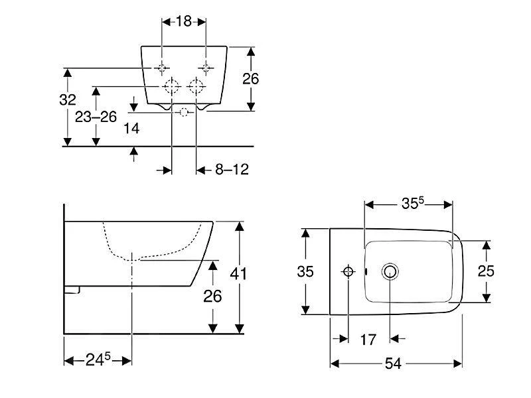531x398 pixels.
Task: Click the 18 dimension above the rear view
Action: (x=184, y=21)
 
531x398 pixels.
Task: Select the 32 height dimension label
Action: (x=68, y=100)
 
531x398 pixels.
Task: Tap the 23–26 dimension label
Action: (x=96, y=117)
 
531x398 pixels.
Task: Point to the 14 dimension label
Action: (x=132, y=129)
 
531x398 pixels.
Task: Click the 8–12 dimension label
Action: (x=231, y=170)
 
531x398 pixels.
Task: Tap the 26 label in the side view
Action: (x=212, y=296)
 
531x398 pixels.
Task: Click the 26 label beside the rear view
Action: (x=250, y=78)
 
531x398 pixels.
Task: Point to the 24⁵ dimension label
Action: (x=97, y=360)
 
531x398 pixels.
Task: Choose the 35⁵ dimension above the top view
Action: (x=408, y=204)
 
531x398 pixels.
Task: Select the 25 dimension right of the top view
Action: (x=487, y=271)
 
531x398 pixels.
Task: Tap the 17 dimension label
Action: (x=368, y=340)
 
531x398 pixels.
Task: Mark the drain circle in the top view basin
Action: (x=390, y=271)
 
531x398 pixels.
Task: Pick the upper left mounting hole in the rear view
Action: (x=162, y=68)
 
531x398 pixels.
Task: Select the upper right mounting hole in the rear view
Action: (x=206, y=68)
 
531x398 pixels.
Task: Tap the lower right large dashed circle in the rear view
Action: (x=196, y=87)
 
